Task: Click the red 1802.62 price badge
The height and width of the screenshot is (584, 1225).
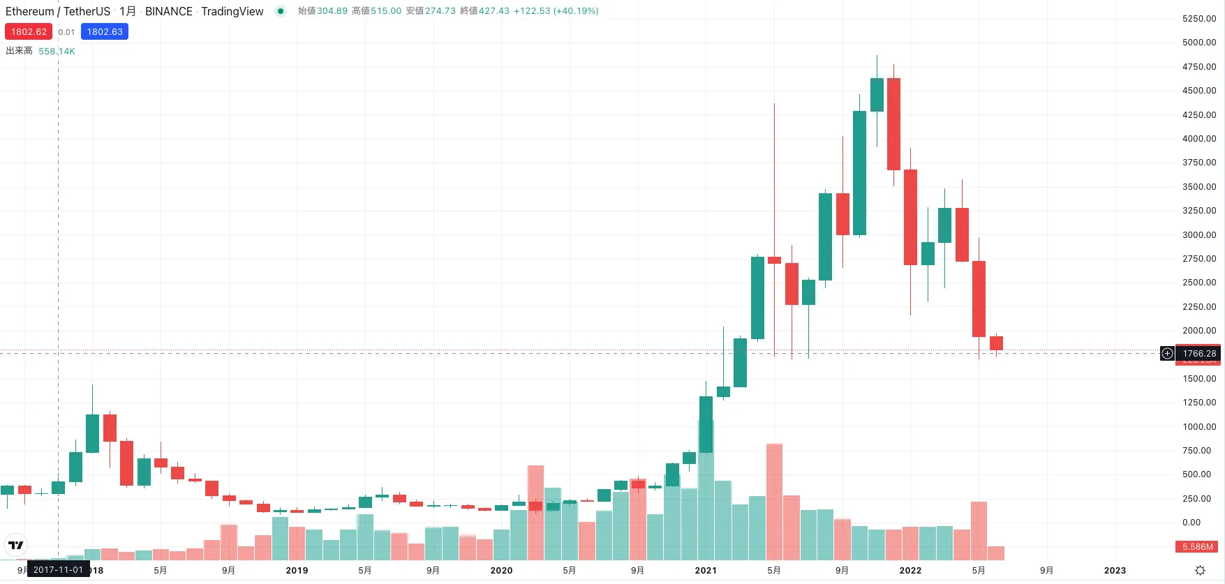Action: (x=29, y=31)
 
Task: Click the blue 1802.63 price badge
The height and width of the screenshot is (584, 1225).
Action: (x=105, y=31)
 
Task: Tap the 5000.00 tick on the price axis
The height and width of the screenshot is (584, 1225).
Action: (x=1199, y=43)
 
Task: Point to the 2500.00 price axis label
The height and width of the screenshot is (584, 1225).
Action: (x=1199, y=283)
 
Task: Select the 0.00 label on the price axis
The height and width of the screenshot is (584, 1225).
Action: (x=1191, y=523)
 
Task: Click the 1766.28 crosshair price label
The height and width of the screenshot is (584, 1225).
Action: (x=1199, y=354)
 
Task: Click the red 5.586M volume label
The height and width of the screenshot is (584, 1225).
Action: (x=1198, y=547)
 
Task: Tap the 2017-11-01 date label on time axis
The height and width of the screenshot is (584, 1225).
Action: (x=58, y=570)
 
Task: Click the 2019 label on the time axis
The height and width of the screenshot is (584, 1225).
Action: (x=297, y=570)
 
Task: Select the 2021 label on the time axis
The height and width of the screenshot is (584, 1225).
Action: (x=706, y=570)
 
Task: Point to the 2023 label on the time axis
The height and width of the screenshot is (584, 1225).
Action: (x=1115, y=570)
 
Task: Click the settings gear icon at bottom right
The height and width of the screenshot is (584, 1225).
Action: (x=1200, y=570)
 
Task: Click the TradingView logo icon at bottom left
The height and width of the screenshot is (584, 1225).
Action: (x=15, y=545)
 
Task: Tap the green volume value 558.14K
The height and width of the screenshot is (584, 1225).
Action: (x=57, y=51)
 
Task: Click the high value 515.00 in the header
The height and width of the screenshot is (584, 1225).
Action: (x=386, y=10)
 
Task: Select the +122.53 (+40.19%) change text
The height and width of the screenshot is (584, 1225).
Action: (x=556, y=10)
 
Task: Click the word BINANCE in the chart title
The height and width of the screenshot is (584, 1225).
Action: (x=169, y=11)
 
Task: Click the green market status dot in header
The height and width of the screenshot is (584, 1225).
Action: (x=281, y=10)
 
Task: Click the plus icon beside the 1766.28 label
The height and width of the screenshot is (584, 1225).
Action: (x=1167, y=354)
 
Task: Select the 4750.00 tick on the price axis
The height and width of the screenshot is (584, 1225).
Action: (x=1199, y=67)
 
